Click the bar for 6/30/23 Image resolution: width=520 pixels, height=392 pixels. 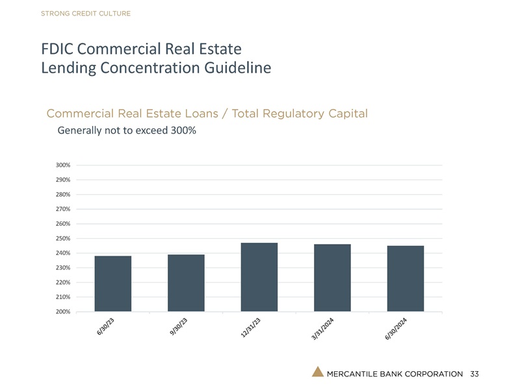[113, 284]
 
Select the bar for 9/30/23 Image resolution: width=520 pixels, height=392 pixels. [186, 283]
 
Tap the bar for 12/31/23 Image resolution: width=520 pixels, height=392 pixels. [259, 277]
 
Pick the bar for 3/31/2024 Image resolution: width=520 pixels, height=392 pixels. [332, 278]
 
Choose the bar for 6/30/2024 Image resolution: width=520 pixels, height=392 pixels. [405, 278]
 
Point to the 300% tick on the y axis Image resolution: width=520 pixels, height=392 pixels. [63, 165]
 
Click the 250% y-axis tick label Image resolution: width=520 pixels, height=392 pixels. [63, 239]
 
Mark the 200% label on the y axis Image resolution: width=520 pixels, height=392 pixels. [63, 312]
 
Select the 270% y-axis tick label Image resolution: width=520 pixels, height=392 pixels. [63, 210]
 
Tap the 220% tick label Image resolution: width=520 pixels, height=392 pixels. [63, 283]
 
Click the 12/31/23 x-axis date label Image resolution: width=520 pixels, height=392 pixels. [248, 328]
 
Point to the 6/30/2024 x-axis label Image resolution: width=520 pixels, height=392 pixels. [395, 330]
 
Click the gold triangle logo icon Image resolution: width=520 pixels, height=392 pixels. [317, 372]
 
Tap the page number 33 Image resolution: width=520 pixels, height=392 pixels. [474, 374]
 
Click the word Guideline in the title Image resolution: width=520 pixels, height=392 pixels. [235, 67]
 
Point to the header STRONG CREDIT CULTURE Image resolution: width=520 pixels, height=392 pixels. [85, 14]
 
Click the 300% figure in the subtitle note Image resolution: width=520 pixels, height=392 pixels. [183, 130]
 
